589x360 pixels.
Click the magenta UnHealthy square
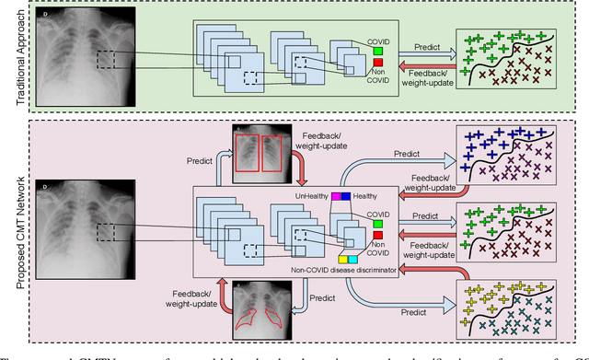(x=335, y=195)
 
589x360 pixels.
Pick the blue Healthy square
(x=346, y=195)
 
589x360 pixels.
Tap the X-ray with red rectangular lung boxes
(x=262, y=150)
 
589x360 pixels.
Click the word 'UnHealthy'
(x=311, y=196)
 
